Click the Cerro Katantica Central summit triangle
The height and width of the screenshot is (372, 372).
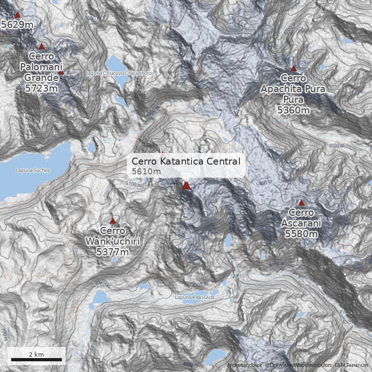point(186,186)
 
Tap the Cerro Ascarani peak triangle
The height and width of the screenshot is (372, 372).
point(301,203)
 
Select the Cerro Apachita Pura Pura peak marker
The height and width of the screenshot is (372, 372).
point(293,68)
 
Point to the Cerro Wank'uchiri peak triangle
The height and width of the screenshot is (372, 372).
point(113,221)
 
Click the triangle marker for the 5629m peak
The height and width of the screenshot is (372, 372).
point(18,14)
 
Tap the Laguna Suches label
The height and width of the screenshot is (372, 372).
point(33,170)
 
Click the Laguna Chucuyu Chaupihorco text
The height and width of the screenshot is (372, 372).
point(120,73)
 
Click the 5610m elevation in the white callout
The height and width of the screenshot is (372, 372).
point(146,172)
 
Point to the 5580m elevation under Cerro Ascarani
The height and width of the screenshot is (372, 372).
point(301,233)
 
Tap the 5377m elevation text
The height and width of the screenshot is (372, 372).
point(112,252)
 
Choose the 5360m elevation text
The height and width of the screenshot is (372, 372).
point(293,110)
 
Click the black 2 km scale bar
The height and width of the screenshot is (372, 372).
point(36,359)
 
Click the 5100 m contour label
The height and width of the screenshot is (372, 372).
point(133,185)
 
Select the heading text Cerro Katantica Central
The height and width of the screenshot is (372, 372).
point(186,161)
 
